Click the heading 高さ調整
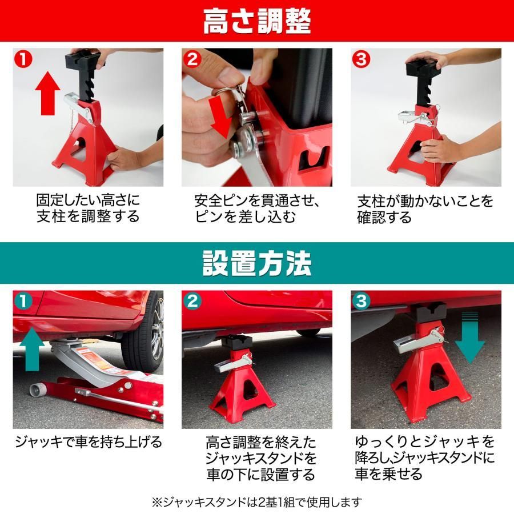(x=257, y=22)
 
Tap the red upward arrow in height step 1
(x=48, y=93)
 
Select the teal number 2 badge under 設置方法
(x=192, y=301)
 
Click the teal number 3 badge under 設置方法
(x=361, y=301)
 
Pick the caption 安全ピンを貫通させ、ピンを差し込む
(x=256, y=208)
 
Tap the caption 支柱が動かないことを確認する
(x=425, y=209)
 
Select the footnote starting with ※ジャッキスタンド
(x=257, y=502)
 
